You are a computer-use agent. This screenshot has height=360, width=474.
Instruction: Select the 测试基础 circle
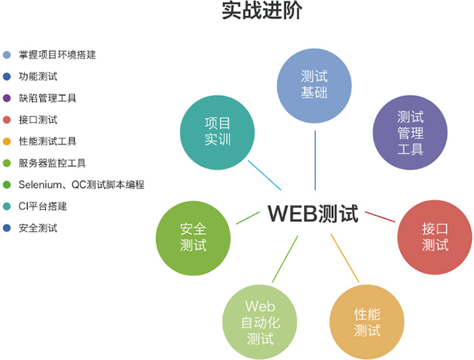(314, 84)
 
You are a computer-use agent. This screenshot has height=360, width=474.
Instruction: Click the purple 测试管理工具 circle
(410, 132)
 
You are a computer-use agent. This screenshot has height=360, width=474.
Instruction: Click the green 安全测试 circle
(193, 237)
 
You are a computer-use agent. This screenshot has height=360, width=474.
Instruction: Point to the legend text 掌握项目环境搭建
(57, 54)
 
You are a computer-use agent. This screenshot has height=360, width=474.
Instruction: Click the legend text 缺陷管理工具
(47, 98)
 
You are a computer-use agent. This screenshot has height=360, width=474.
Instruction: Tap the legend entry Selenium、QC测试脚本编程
(81, 185)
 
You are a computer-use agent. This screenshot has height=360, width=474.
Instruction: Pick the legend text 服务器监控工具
(52, 163)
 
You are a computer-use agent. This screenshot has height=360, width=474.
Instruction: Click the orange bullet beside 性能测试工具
(7, 142)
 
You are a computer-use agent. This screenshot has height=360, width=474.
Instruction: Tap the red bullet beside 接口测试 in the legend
(7, 119)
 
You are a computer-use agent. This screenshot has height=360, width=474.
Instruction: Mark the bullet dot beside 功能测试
(7, 76)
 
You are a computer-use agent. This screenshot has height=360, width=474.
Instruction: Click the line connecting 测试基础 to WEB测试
(315, 160)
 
